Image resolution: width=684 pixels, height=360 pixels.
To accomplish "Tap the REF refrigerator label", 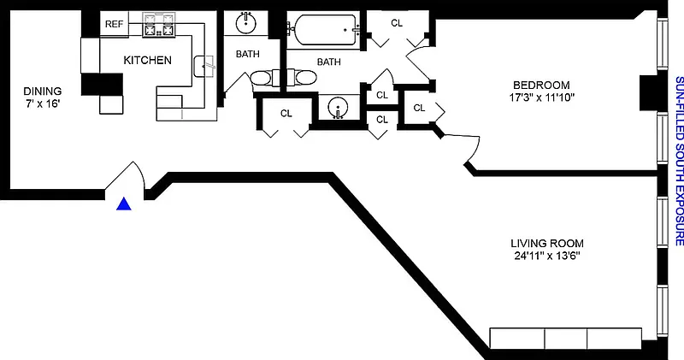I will [114, 25].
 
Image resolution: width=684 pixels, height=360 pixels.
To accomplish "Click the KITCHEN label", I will [148, 61].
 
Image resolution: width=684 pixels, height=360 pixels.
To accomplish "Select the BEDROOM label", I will [541, 84].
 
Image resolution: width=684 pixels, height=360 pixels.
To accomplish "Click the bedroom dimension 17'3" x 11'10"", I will [541, 97].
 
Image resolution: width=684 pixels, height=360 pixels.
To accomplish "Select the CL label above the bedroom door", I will [396, 23].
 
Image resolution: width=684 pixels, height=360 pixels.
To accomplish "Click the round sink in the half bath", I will [339, 109].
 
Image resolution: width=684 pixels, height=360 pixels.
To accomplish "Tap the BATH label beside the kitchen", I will [248, 55].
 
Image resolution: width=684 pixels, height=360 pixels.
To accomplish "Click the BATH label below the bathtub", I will [328, 62].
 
